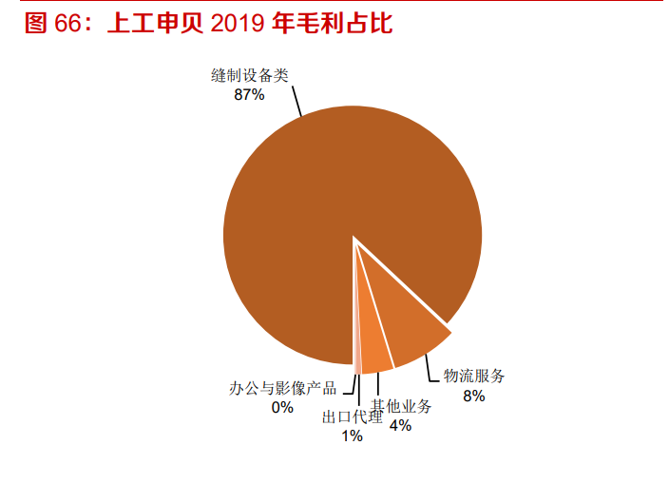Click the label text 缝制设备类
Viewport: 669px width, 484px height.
pyautogui.click(x=249, y=75)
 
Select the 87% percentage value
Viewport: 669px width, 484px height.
pyautogui.click(x=249, y=94)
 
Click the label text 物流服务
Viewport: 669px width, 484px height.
pyautogui.click(x=474, y=377)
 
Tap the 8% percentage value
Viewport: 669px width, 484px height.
pyautogui.click(x=474, y=396)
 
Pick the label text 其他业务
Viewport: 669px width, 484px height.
pyautogui.click(x=401, y=407)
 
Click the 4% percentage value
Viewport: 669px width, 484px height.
pyautogui.click(x=400, y=425)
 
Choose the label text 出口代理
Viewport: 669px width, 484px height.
pyautogui.click(x=352, y=417)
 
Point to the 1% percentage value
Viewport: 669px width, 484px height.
pyautogui.click(x=352, y=436)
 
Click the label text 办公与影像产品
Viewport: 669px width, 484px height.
pyautogui.click(x=282, y=388)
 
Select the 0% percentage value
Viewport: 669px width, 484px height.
pyautogui.click(x=282, y=407)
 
